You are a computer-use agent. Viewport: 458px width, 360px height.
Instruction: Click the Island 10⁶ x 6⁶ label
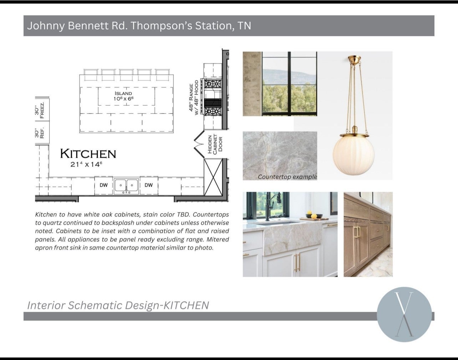(123, 96)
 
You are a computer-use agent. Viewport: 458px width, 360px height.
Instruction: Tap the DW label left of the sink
(103, 185)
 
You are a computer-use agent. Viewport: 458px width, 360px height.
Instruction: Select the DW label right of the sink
(149, 185)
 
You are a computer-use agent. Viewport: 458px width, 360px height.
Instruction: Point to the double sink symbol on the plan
(126, 186)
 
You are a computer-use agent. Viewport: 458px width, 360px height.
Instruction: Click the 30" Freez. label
(39, 110)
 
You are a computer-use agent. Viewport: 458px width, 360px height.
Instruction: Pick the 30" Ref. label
(39, 133)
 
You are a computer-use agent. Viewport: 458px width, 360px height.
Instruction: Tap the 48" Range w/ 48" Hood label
(194, 97)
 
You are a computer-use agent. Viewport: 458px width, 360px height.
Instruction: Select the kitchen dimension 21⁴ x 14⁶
(86, 164)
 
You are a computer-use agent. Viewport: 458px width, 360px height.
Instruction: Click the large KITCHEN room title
(88, 154)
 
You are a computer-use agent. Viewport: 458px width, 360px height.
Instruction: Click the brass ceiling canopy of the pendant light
(354, 59)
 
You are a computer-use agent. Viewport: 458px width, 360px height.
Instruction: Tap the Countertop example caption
(287, 177)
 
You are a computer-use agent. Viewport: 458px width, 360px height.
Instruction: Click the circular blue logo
(404, 314)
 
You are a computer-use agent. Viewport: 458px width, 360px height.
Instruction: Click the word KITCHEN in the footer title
(186, 305)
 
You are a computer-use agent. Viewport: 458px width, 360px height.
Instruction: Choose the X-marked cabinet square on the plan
(213, 177)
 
